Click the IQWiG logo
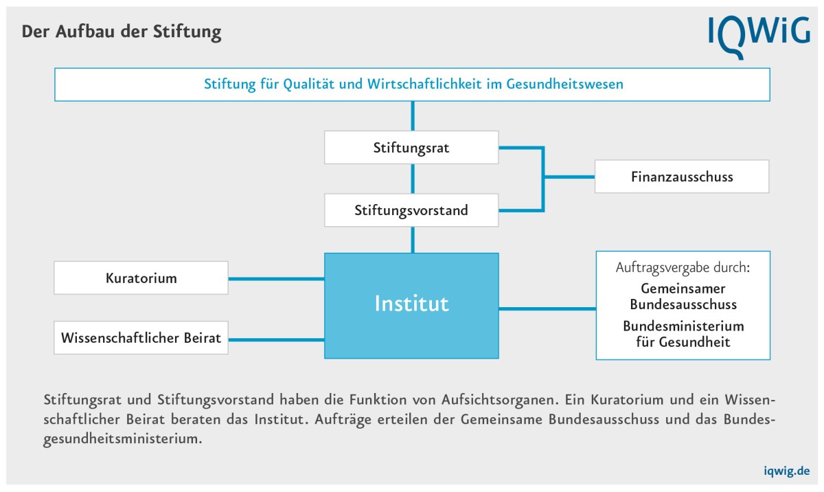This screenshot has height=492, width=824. tap(759, 34)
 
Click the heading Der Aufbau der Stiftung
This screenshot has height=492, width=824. tap(122, 32)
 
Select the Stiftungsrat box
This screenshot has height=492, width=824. tap(411, 148)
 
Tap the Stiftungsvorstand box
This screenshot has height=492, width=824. tap(411, 210)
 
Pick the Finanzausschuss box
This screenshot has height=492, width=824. tap(681, 177)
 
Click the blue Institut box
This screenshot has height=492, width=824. tap(411, 304)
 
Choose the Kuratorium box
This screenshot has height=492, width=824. tap(141, 278)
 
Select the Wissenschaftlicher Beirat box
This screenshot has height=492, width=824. tap(141, 338)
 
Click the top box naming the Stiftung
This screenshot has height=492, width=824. tap(412, 85)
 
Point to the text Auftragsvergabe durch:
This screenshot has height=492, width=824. tap(683, 268)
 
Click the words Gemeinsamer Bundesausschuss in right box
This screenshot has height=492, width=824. tap(683, 296)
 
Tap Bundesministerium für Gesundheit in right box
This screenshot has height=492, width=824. tap(683, 333)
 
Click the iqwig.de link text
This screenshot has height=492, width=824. tap(786, 471)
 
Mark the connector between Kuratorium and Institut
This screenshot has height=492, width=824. tap(276, 278)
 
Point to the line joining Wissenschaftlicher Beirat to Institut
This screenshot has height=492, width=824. tap(276, 339)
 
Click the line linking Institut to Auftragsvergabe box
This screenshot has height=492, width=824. tap(547, 309)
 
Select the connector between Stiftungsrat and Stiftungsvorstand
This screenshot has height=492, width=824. tap(413, 179)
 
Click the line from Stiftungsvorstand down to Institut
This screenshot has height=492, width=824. tap(413, 239)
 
